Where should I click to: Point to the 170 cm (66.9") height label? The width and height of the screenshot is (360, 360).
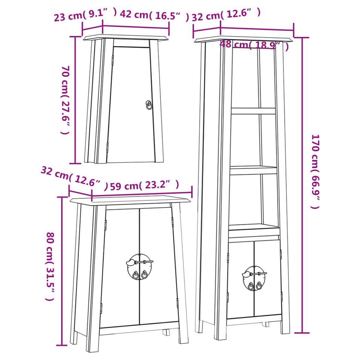point(315,172)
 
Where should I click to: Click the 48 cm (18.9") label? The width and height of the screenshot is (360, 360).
point(254,45)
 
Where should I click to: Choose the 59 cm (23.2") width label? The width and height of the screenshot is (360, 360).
point(144,185)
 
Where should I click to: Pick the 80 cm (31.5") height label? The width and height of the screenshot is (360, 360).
point(50,267)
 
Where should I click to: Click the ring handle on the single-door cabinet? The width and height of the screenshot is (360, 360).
point(149,105)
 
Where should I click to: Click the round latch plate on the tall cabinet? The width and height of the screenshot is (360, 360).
point(254,278)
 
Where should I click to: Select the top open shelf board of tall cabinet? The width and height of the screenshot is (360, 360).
point(253,111)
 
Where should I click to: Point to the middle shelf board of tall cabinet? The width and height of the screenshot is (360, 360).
point(253,170)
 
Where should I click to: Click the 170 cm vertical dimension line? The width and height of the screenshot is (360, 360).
point(302,185)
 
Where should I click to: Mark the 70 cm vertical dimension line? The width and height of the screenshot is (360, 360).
point(75,100)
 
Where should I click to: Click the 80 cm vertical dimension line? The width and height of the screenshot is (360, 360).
point(61,271)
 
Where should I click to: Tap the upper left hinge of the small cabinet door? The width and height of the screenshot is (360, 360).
point(112,60)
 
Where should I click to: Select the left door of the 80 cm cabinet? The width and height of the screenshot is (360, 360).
point(120,268)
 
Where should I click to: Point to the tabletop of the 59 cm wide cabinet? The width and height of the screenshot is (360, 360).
point(130,200)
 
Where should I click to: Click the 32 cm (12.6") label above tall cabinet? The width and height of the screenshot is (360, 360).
point(226,15)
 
